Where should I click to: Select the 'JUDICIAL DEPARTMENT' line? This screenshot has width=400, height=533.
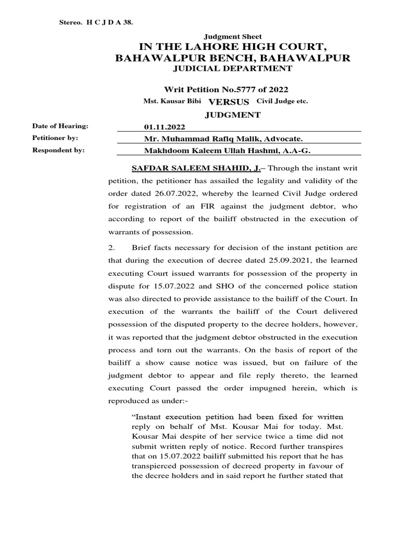click(x=233, y=68)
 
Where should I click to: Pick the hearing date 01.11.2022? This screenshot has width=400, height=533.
click(x=164, y=127)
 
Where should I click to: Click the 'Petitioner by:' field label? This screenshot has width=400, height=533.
click(x=55, y=138)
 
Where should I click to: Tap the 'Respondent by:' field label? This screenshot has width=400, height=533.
click(x=58, y=150)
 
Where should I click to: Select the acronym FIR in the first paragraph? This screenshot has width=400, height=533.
click(x=201, y=207)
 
